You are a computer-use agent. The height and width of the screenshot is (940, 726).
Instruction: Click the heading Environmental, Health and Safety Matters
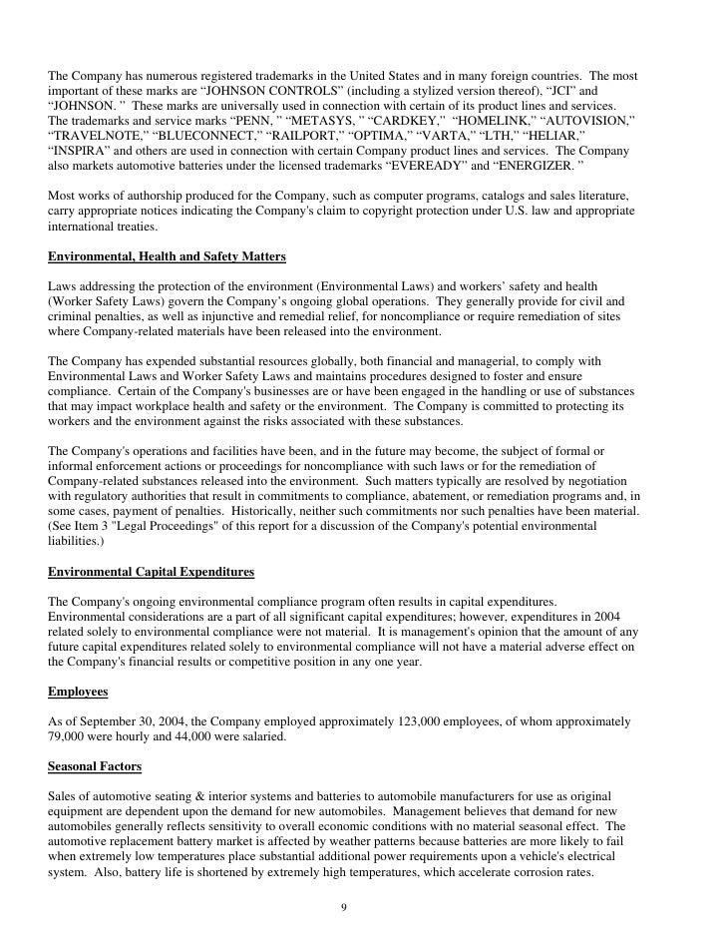pos(167,256)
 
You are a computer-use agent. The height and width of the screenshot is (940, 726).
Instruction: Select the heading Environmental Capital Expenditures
pos(151,572)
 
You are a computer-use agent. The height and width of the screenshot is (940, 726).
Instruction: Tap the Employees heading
pos(79,690)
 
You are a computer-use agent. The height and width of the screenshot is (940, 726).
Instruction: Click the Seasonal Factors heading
pos(95,766)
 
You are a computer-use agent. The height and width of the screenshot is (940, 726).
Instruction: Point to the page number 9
pos(344,908)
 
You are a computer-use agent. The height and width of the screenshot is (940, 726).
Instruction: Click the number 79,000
pos(69,735)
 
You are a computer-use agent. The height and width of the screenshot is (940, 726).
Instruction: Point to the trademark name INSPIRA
pos(85,152)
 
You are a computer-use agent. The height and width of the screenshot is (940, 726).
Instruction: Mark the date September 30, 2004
pos(134,720)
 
